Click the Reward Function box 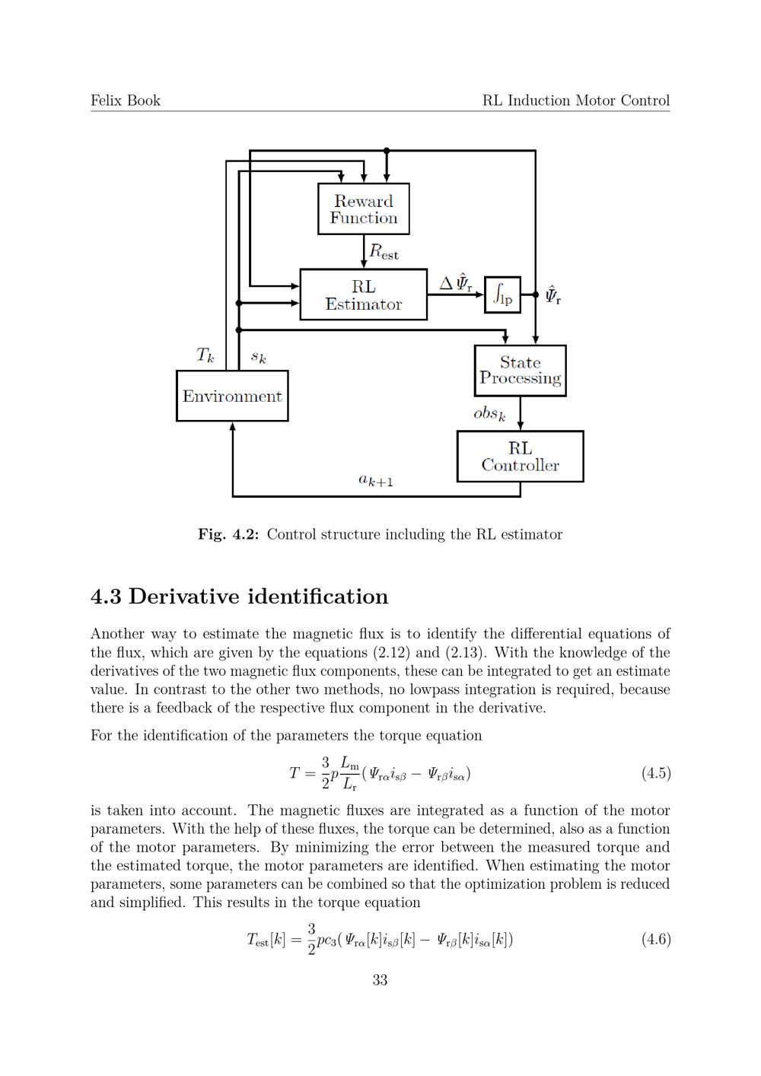tap(364, 209)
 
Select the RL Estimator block tap(364, 294)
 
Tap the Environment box tap(232, 396)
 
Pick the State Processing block tap(520, 371)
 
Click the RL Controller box tap(520, 457)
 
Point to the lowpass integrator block tap(502, 294)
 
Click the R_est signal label tap(384, 252)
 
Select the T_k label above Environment tap(205, 355)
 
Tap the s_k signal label tap(259, 357)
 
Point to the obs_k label tap(489, 414)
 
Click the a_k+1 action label tap(375, 480)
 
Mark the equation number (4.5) tap(655, 773)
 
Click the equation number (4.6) tap(655, 939)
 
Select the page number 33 tap(380, 980)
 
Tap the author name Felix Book tap(126, 100)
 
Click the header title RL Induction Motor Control tap(576, 100)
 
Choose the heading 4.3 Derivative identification tap(239, 597)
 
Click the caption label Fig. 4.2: tap(228, 534)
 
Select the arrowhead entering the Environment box tap(232, 427)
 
